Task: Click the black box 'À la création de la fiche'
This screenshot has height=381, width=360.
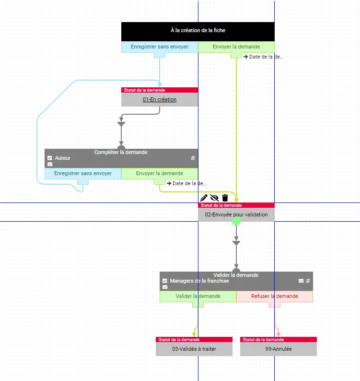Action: pyautogui.click(x=198, y=32)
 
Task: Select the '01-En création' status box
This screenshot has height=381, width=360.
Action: pyautogui.click(x=160, y=99)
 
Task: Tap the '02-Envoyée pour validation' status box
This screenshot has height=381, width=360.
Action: pyautogui.click(x=236, y=214)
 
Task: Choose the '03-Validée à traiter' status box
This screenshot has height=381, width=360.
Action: pyautogui.click(x=194, y=349)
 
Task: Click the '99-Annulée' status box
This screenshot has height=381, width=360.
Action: pyautogui.click(x=279, y=349)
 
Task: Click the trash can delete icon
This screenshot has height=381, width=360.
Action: pyautogui.click(x=225, y=198)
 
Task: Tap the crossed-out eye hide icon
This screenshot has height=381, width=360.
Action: pyautogui.click(x=214, y=198)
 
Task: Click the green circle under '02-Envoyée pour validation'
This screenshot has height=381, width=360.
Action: pyautogui.click(x=236, y=221)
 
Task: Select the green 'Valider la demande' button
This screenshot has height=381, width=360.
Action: pyautogui.click(x=198, y=296)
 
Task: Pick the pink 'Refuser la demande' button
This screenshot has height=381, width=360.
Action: pyautogui.click(x=275, y=296)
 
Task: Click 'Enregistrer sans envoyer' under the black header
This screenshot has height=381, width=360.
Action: pyautogui.click(x=160, y=47)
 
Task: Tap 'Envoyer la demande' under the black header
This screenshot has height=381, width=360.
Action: pyautogui.click(x=236, y=47)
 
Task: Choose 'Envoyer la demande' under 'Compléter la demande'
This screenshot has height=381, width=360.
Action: pyautogui.click(x=160, y=174)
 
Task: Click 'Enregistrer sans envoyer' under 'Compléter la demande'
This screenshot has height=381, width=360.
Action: pyautogui.click(x=83, y=174)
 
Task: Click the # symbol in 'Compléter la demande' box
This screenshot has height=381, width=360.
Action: pyautogui.click(x=193, y=158)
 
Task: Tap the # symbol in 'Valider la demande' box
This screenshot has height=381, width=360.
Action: pyautogui.click(x=308, y=281)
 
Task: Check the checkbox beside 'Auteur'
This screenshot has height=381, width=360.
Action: pyautogui.click(x=49, y=158)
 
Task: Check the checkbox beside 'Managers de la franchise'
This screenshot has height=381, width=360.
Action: pyautogui.click(x=164, y=281)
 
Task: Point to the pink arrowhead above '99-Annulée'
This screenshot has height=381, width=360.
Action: pyautogui.click(x=278, y=334)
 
